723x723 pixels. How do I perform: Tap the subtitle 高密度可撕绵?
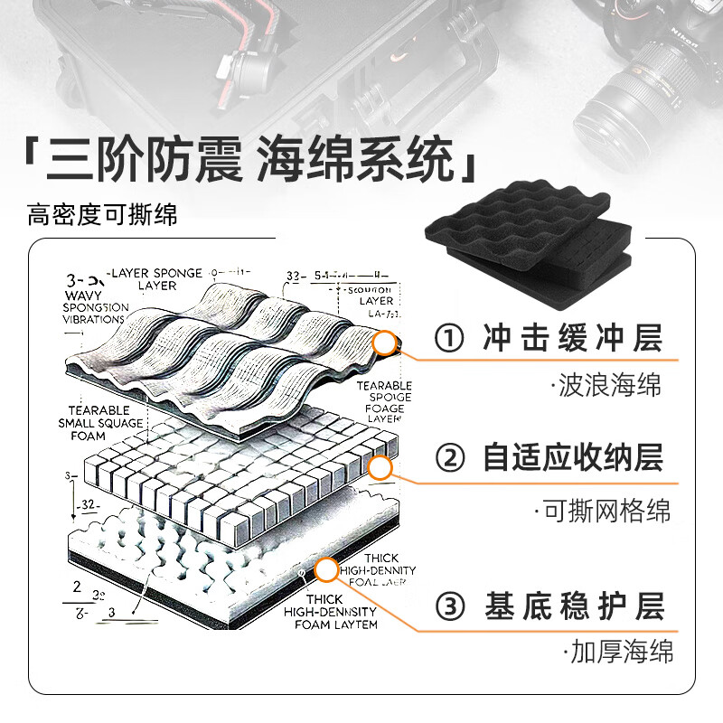102,215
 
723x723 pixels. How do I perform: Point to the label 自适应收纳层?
572,458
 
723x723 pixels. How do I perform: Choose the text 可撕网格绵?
606,511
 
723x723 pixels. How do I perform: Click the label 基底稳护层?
575,606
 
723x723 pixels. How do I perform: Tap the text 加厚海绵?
620,653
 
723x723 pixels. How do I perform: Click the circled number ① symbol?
448,340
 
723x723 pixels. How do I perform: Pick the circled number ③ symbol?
449,606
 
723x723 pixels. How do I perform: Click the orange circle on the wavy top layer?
385,342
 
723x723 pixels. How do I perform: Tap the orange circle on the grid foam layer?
380,467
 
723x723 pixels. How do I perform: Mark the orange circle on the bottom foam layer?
326,569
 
